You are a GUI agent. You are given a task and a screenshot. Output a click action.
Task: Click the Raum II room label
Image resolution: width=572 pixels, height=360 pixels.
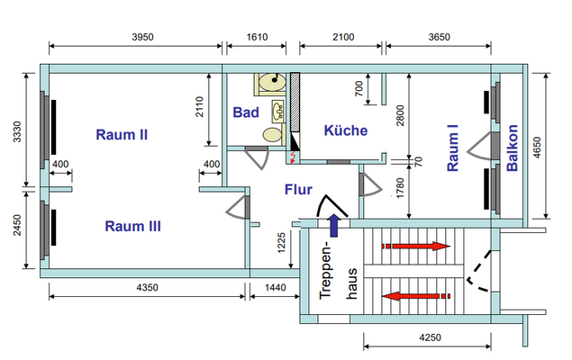(x=122, y=135)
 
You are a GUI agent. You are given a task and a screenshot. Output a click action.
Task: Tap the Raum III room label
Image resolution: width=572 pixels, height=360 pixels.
(x=132, y=226)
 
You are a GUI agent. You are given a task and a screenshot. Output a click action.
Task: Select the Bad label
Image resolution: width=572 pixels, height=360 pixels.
(x=246, y=112)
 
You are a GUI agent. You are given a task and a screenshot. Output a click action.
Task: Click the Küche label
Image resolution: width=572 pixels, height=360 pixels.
(x=346, y=130)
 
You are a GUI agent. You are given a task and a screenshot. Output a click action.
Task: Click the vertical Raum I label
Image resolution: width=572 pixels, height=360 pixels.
(x=453, y=153)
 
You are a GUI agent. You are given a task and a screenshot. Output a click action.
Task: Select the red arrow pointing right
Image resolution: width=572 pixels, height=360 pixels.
(x=416, y=245)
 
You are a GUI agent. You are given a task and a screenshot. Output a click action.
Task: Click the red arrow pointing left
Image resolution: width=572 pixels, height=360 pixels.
(x=416, y=296)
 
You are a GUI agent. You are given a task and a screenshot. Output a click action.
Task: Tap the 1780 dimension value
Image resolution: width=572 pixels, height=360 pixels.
(x=399, y=191)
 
